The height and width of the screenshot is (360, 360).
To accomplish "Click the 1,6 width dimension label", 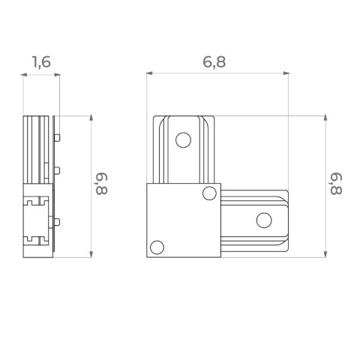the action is click(x=41, y=62).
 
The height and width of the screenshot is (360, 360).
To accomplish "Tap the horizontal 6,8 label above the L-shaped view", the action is click(x=214, y=62).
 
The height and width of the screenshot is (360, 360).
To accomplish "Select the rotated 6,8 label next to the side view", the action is click(x=101, y=184).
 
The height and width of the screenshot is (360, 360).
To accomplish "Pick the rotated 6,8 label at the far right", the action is click(x=336, y=184).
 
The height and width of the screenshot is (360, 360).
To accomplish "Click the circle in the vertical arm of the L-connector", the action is click(x=183, y=140).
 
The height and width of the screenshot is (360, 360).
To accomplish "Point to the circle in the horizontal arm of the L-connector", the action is click(x=264, y=220).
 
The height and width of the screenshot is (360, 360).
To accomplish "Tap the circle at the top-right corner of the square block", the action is click(x=209, y=193).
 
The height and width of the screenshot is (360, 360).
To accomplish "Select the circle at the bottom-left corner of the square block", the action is click(x=157, y=247).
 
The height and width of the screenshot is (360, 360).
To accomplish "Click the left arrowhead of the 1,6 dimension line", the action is click(x=24, y=74).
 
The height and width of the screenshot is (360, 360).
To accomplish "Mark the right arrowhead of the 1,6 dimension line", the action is click(x=57, y=74).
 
